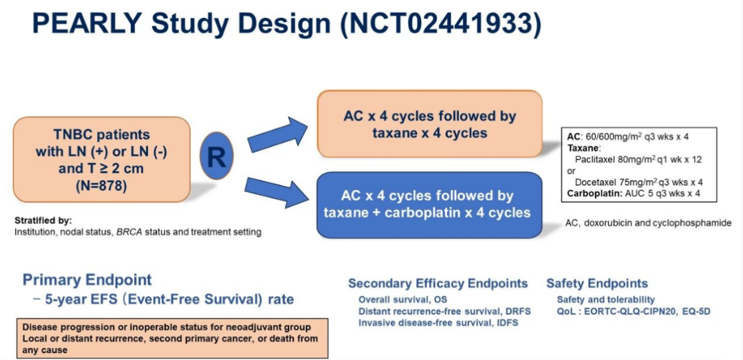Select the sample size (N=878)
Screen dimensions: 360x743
point(101,185)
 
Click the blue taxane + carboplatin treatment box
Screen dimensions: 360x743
point(427,204)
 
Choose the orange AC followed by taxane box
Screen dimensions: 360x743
point(429,124)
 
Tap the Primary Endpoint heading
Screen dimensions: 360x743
point(87,279)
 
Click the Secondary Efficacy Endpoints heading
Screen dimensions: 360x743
point(438,284)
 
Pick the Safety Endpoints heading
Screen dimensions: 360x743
point(596,284)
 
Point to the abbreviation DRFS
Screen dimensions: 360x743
point(515,311)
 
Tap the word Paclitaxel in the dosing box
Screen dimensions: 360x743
point(600,159)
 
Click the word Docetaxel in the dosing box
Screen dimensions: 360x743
point(600,182)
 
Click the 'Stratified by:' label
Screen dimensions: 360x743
point(43,221)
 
